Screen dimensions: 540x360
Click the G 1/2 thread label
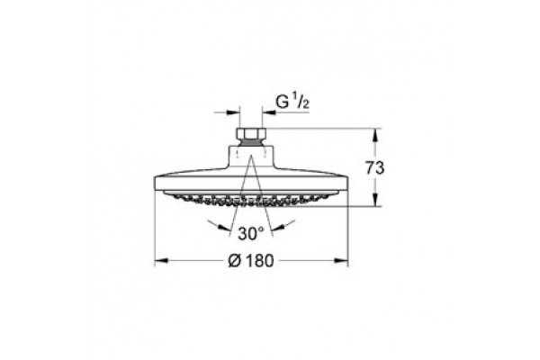coord(292,103)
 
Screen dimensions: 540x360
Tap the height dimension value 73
coord(374,168)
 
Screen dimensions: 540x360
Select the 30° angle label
coord(251,234)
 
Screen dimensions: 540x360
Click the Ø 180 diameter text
coord(251,261)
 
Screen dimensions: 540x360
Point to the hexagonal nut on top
coord(251,132)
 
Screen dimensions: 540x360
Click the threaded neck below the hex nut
coord(251,142)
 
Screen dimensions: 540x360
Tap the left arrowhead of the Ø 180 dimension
coord(161,261)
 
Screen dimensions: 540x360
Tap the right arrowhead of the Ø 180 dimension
coord(341,261)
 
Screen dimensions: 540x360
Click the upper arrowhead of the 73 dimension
coord(375,135)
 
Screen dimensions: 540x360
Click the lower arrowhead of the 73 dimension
coord(375,200)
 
